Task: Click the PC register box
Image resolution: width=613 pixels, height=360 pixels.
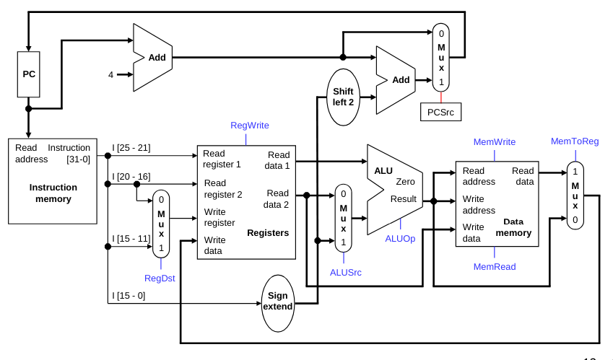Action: pos(28,74)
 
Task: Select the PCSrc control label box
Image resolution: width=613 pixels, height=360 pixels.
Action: pos(440,112)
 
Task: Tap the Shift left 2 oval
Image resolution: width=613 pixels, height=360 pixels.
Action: pos(343,97)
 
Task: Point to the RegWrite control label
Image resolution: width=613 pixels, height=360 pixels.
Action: pos(249,126)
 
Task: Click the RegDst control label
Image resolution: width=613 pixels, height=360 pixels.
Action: pos(160,278)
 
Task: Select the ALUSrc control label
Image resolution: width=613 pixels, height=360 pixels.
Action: pos(346,272)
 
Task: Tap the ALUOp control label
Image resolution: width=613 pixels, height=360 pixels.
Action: pos(400,239)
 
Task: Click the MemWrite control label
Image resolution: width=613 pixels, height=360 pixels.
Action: pos(494,142)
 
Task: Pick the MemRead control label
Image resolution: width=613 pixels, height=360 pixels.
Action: pos(495,267)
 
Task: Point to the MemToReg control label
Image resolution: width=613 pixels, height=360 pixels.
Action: pos(575,141)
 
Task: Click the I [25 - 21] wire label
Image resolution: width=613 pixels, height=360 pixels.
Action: pos(131,148)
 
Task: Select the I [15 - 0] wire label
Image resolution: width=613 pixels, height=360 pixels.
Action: pos(129,295)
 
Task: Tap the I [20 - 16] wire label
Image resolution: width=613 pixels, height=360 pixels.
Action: pos(131,177)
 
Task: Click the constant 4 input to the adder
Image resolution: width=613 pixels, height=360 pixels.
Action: pos(111,74)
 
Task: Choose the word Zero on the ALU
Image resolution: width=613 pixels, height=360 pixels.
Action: pos(405,182)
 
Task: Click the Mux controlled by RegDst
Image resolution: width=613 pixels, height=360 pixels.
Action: pos(161,224)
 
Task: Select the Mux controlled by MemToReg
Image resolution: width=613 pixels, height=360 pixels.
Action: pos(575,196)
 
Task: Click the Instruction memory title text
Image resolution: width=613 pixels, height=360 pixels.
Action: pos(53,193)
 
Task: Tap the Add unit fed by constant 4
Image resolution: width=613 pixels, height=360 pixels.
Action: pos(155,58)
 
